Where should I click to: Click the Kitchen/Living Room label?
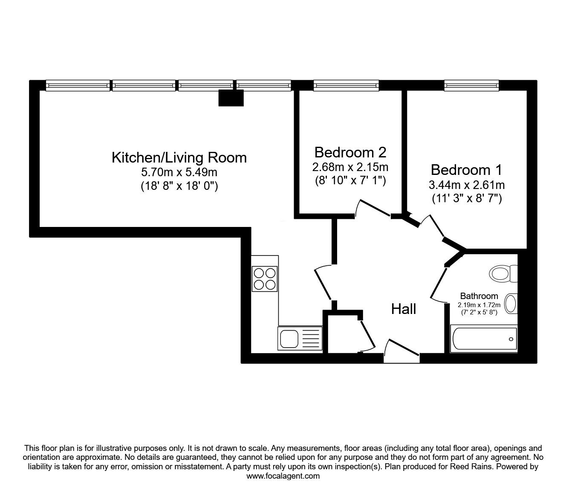click(x=179, y=158)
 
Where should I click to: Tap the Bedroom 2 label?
click(x=350, y=152)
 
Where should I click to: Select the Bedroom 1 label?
click(x=467, y=170)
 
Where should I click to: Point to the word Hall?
click(x=404, y=309)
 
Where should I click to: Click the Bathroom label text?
click(x=479, y=296)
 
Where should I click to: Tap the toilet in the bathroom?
click(x=503, y=273)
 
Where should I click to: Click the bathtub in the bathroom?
click(x=484, y=339)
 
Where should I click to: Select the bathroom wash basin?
click(x=511, y=304)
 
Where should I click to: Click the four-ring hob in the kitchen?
click(x=265, y=279)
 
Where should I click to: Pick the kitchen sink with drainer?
click(x=300, y=338)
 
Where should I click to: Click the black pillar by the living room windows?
click(x=231, y=98)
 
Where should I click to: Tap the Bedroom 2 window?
click(x=346, y=86)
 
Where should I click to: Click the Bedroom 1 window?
click(x=471, y=86)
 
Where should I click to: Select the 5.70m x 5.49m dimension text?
click(x=179, y=172)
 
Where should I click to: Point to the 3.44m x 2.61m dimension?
click(x=467, y=185)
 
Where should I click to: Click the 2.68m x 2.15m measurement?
click(x=350, y=167)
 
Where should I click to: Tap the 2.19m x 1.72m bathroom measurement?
click(x=479, y=305)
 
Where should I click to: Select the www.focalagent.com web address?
click(x=283, y=476)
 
